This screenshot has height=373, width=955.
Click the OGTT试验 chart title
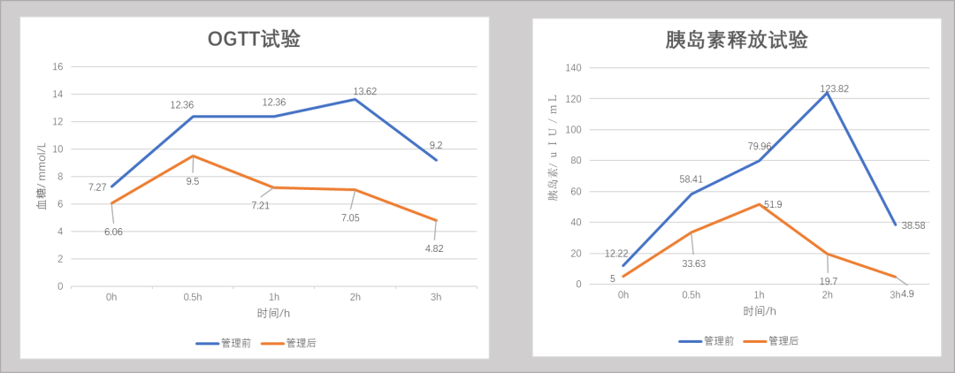click(x=254, y=39)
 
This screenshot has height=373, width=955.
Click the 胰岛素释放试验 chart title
click(x=737, y=40)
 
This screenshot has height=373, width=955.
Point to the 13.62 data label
click(x=365, y=91)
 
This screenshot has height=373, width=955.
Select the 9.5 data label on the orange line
click(x=193, y=180)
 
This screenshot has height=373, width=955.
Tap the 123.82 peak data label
click(x=835, y=88)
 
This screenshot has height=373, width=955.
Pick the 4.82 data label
click(x=434, y=248)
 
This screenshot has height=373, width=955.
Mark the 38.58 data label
click(x=913, y=225)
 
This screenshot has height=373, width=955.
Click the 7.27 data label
click(x=97, y=186)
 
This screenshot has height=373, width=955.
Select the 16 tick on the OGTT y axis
click(x=58, y=66)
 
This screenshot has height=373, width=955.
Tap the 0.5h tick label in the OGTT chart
click(x=193, y=298)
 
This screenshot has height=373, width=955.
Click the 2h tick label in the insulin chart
click(x=827, y=295)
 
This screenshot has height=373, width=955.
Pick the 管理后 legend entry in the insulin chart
click(x=770, y=341)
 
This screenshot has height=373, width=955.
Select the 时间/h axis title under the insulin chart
click(x=760, y=311)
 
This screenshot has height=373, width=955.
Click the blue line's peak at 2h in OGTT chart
click(x=355, y=99)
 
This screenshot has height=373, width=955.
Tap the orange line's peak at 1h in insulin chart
click(x=760, y=204)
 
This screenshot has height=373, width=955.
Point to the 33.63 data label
click(x=694, y=263)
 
